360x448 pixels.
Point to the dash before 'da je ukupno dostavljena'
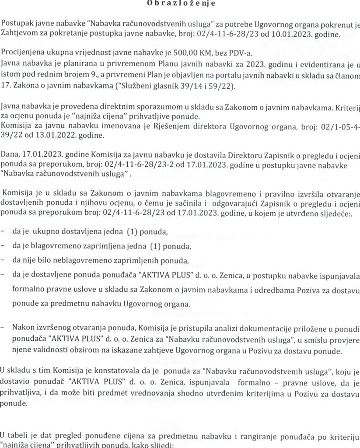tap(4, 231)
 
